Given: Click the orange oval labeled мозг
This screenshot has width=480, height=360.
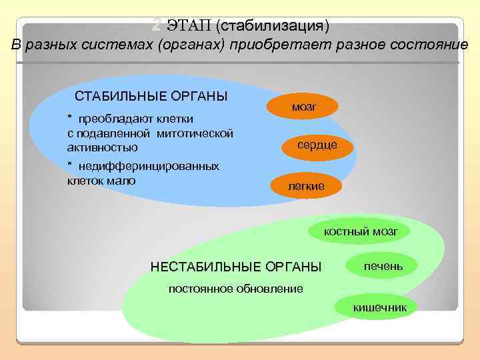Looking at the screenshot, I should point(303,107).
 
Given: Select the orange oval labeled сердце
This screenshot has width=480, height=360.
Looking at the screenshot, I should point(317,145).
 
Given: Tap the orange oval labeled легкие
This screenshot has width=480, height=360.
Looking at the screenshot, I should point(306,186).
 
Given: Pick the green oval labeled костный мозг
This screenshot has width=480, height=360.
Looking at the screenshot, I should point(360,231).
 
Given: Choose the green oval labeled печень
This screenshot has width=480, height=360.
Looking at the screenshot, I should point(383,266).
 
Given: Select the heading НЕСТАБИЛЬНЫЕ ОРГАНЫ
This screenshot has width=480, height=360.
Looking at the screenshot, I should point(236,267).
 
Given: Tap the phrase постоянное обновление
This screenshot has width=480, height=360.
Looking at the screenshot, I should point(235,289).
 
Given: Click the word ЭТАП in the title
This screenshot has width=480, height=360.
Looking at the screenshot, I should point(189,27).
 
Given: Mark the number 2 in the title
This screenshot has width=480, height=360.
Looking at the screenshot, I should point(156,26).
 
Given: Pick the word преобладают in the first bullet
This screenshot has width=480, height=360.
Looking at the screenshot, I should point(109,119).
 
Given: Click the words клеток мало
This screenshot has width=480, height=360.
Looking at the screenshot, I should point(101,180).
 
